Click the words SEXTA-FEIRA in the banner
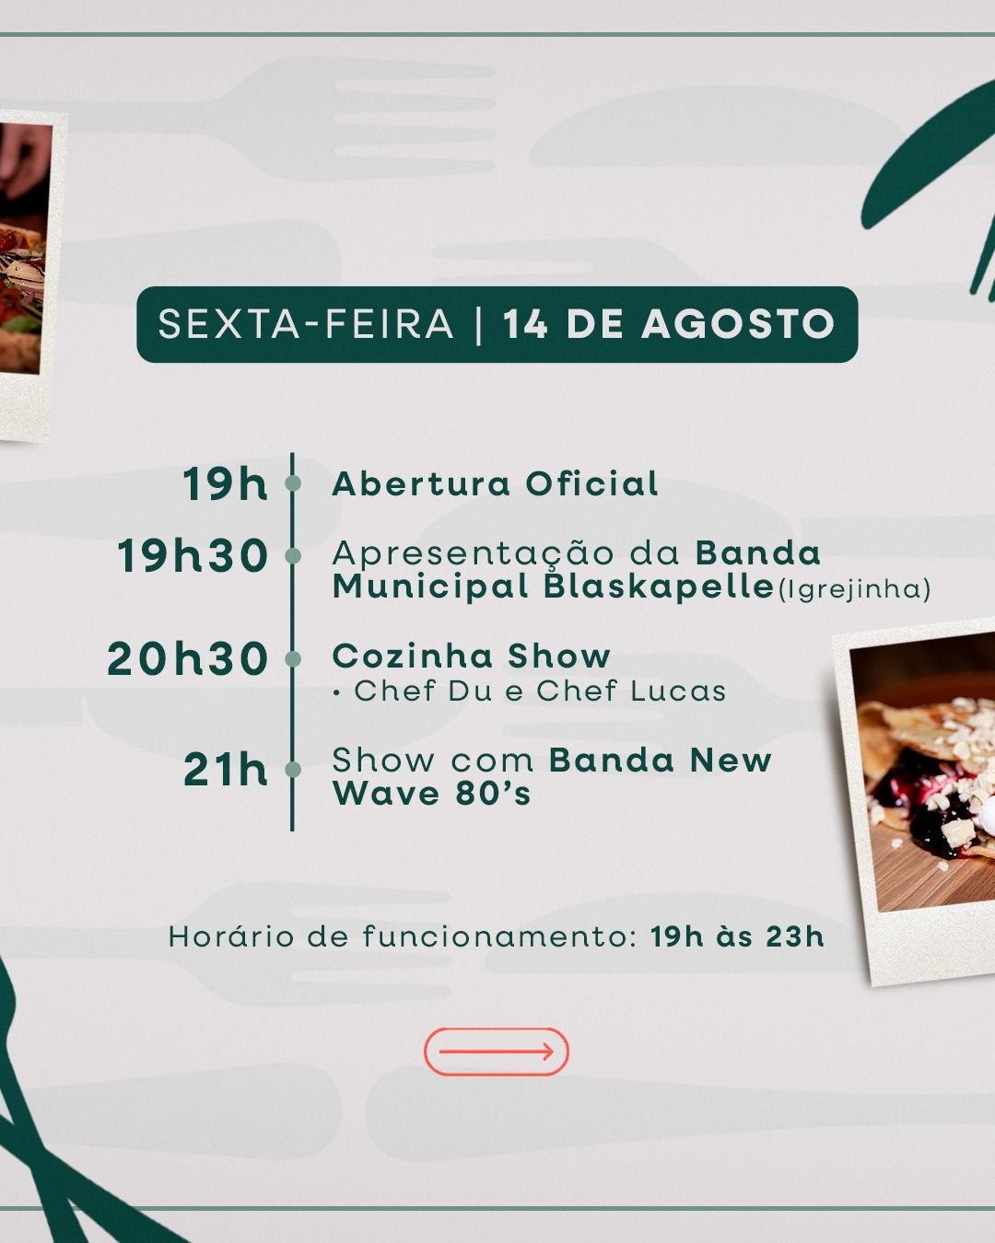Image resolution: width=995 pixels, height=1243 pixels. [x=306, y=324]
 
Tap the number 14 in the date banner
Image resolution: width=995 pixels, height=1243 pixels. [x=525, y=324]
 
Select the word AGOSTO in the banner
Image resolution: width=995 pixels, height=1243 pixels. [x=738, y=324]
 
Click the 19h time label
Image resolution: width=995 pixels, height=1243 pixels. [x=226, y=484]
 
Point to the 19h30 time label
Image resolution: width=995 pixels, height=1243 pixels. [x=193, y=555]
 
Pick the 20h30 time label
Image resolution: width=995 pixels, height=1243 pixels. [x=188, y=658]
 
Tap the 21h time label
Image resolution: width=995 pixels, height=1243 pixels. [x=226, y=770]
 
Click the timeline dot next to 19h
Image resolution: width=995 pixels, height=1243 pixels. [x=293, y=483]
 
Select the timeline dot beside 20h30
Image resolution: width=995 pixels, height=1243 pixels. [x=293, y=659]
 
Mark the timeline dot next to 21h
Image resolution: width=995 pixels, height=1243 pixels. [x=293, y=770]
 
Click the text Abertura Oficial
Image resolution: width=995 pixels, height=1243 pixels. [x=496, y=483]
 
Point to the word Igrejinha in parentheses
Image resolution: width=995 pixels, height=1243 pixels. [x=855, y=589]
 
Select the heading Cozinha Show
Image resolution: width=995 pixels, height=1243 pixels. [x=471, y=656]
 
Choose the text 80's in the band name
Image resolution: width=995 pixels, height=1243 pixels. [x=493, y=794]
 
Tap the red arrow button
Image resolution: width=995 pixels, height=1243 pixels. [x=497, y=1051]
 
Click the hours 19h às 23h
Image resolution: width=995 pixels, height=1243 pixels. [x=737, y=936]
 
